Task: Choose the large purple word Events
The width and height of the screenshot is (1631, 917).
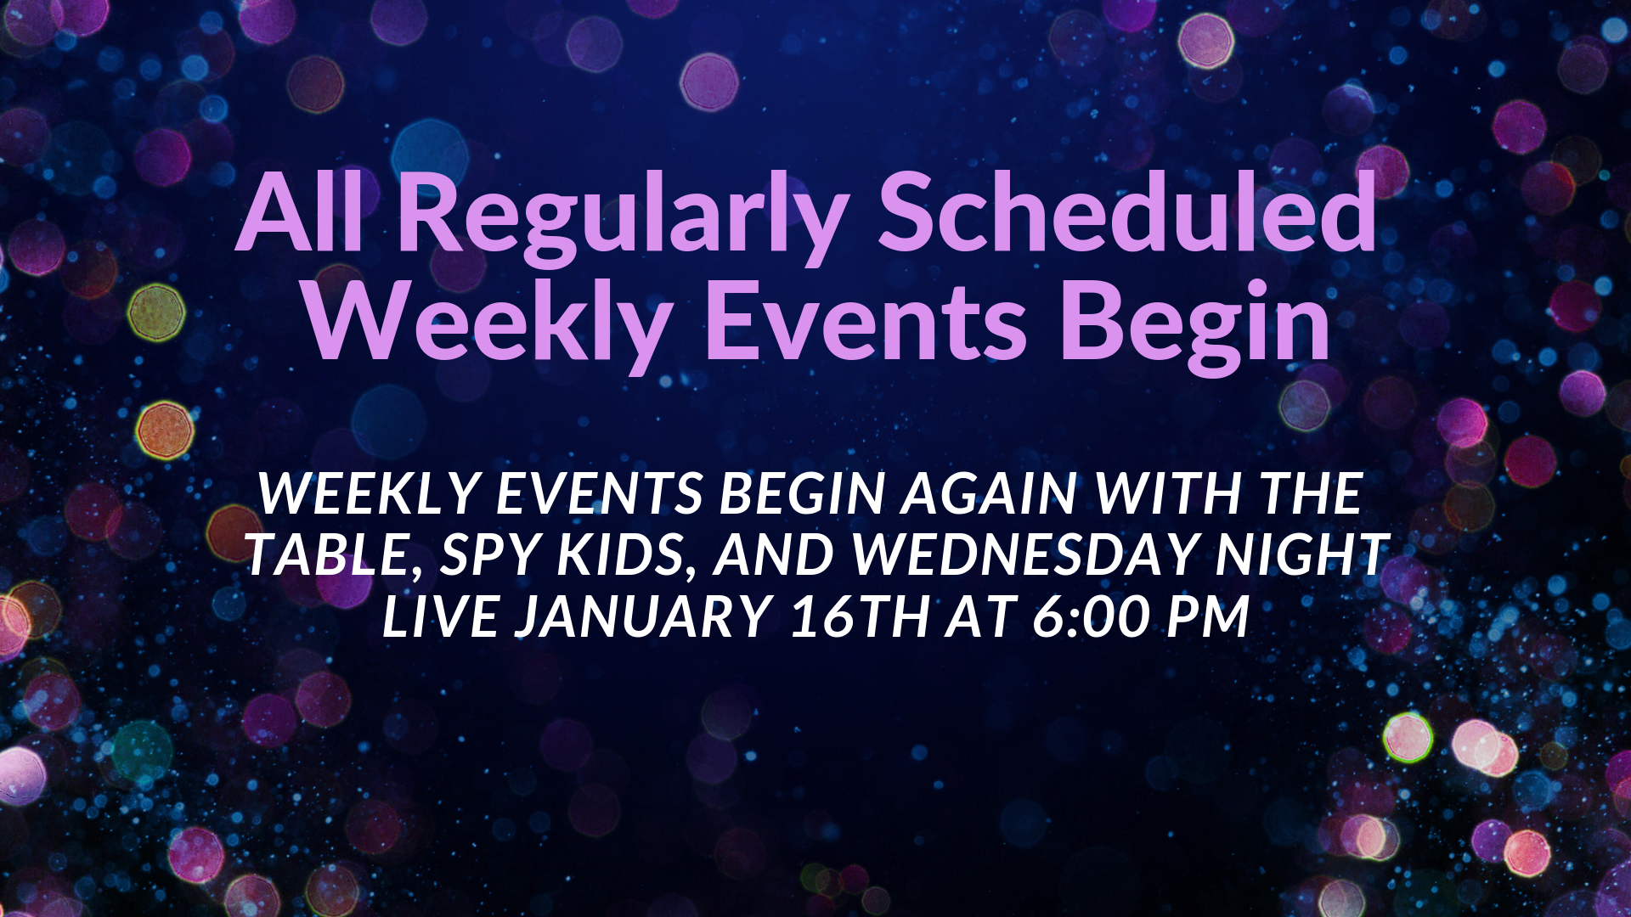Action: (866, 321)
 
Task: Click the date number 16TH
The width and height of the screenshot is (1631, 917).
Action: (860, 616)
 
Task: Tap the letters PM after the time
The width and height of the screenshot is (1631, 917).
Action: (1208, 616)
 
